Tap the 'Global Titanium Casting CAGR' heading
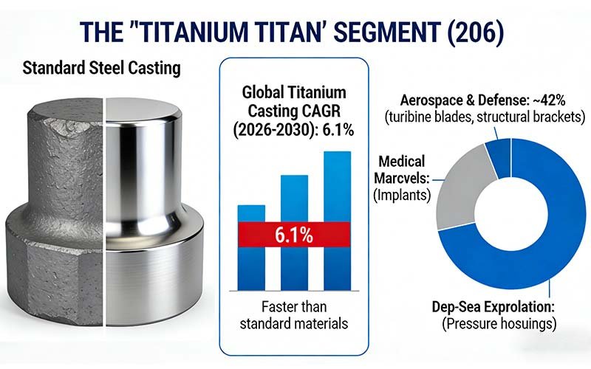294,103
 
